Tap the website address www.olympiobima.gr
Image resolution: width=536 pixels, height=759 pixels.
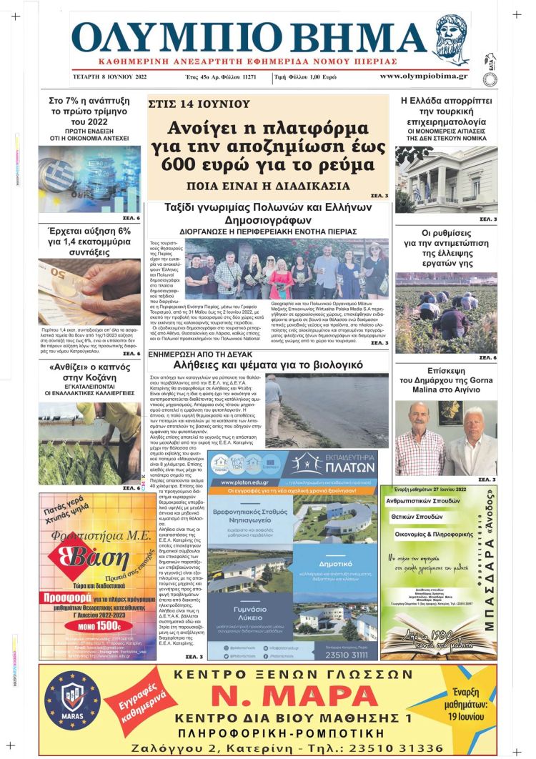423,76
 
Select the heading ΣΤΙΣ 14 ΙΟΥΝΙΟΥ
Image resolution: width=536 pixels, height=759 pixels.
199,104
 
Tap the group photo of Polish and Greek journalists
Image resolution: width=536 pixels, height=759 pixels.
286,269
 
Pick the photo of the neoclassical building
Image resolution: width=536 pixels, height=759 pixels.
446,179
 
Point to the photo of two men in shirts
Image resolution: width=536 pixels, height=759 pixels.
446,437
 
